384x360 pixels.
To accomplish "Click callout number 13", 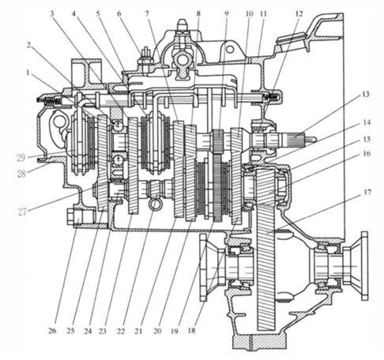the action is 366,94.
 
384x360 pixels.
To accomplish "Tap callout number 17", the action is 367,193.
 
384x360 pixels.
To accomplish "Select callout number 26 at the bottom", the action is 52,331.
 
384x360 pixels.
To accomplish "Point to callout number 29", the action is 21,158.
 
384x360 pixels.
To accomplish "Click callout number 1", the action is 28,73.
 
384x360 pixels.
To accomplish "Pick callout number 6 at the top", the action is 119,13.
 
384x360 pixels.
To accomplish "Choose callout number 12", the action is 299,13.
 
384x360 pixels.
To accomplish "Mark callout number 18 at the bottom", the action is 191,331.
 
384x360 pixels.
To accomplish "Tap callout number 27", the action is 22,212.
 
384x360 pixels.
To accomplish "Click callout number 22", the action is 121,331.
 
